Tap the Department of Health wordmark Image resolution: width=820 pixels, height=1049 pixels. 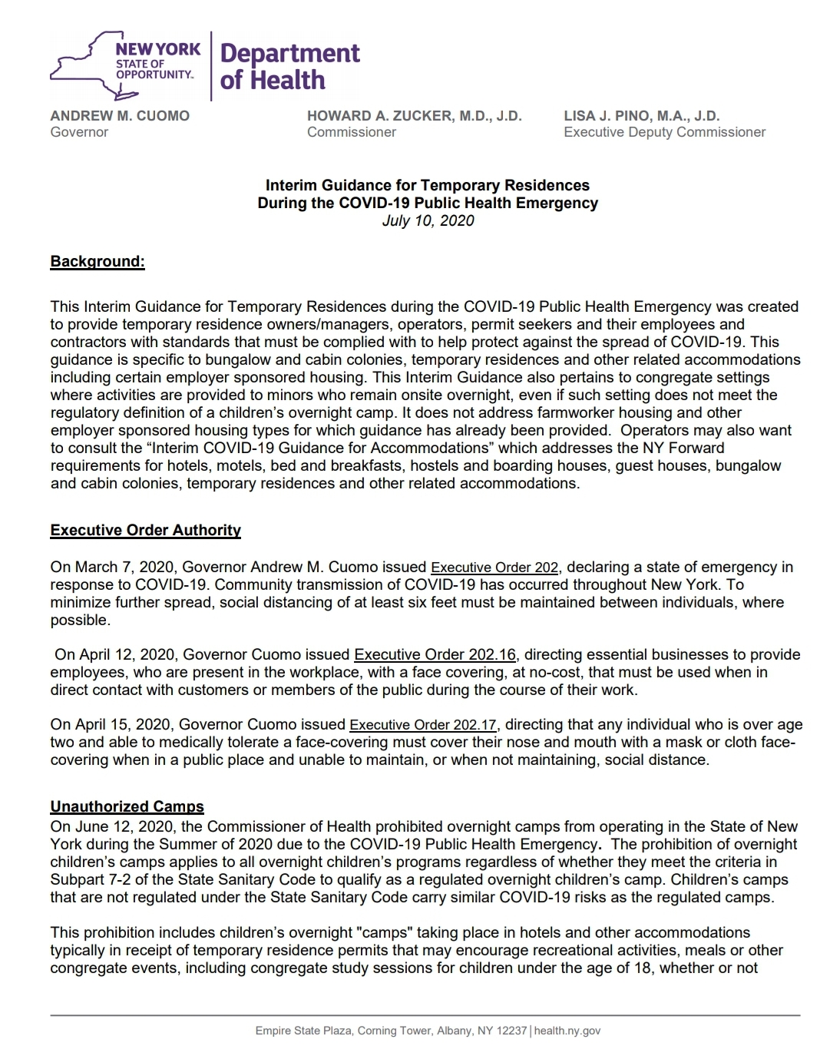coord(289,66)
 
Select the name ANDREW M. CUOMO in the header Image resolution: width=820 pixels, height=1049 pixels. coord(120,116)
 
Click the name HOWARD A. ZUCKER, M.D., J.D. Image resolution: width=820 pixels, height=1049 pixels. coord(414,116)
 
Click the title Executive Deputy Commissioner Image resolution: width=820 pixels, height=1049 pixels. coord(664,132)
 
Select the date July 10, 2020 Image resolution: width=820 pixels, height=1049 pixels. coord(428,221)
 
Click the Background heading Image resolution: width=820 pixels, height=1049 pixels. coord(98,261)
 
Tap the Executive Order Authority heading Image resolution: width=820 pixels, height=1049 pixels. coord(145,530)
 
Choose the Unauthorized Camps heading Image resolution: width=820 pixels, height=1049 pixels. coord(127,806)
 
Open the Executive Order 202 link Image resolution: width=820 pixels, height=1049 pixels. coord(494,568)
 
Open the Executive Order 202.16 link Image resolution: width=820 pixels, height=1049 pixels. coord(435,654)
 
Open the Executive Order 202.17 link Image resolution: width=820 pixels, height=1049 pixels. coord(423,725)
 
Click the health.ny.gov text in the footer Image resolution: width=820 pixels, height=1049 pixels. coord(567,1031)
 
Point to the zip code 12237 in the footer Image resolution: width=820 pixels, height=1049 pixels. coord(511,1031)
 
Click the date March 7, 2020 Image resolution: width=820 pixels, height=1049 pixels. coord(124,568)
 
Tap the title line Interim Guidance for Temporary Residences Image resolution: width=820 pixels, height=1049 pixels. coord(428,185)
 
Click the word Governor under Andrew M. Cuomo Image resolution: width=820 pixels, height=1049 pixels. coord(79,132)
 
